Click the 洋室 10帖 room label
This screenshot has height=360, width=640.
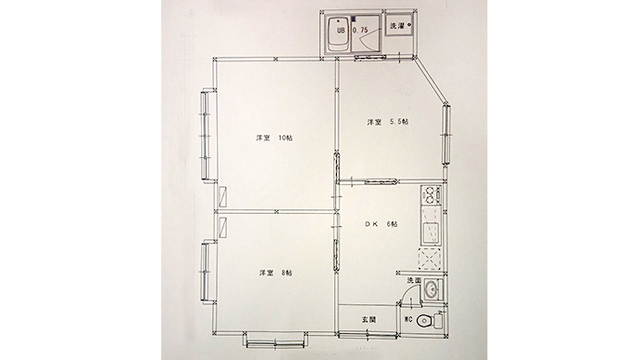click(x=273, y=138)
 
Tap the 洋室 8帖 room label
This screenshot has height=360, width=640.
click(x=275, y=273)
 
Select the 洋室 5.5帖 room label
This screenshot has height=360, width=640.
click(x=387, y=122)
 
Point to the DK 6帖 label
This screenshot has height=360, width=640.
click(x=380, y=223)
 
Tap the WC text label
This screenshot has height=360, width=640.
click(x=407, y=319)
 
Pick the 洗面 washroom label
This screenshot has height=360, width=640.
click(x=413, y=280)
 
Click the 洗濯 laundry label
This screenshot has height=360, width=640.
click(x=396, y=26)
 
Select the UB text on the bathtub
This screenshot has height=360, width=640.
click(x=340, y=30)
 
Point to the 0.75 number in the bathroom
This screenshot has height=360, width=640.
click(x=360, y=30)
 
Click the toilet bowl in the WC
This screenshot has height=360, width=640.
click(x=424, y=320)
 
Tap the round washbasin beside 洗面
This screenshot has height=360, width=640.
click(x=431, y=290)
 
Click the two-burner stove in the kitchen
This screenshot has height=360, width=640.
click(x=430, y=195)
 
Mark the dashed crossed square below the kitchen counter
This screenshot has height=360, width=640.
click(x=430, y=259)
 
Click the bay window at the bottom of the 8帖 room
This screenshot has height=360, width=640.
click(x=275, y=340)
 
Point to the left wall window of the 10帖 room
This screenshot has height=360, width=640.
click(x=207, y=135)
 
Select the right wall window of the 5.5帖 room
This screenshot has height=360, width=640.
click(x=447, y=134)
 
